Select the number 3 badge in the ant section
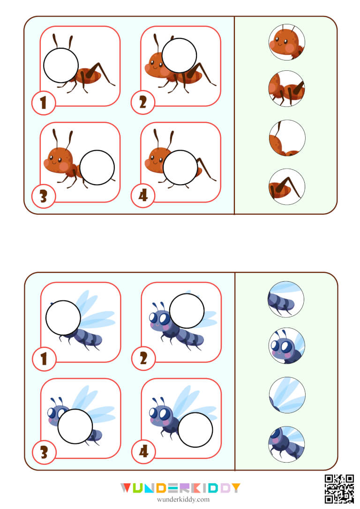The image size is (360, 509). coord(44,197)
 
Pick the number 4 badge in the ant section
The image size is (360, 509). coord(143,197)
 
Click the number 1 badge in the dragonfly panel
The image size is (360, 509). coord(44,359)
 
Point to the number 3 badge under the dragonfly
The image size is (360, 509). coord(44,453)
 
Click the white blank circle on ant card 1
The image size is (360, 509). coord(61,66)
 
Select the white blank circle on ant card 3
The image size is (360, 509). coord(97,167)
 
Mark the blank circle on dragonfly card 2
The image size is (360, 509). coord(187,311)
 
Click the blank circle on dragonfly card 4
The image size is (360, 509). coord(195,430)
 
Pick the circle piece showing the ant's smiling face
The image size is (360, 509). coord(287,43)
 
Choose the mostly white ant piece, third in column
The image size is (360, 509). coord(287,138)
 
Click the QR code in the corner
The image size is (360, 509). coord(339,488)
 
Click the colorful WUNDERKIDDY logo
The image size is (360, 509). coord(180,488)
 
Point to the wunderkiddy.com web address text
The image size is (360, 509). coord(180,500)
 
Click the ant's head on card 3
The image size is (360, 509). coord(59,160)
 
